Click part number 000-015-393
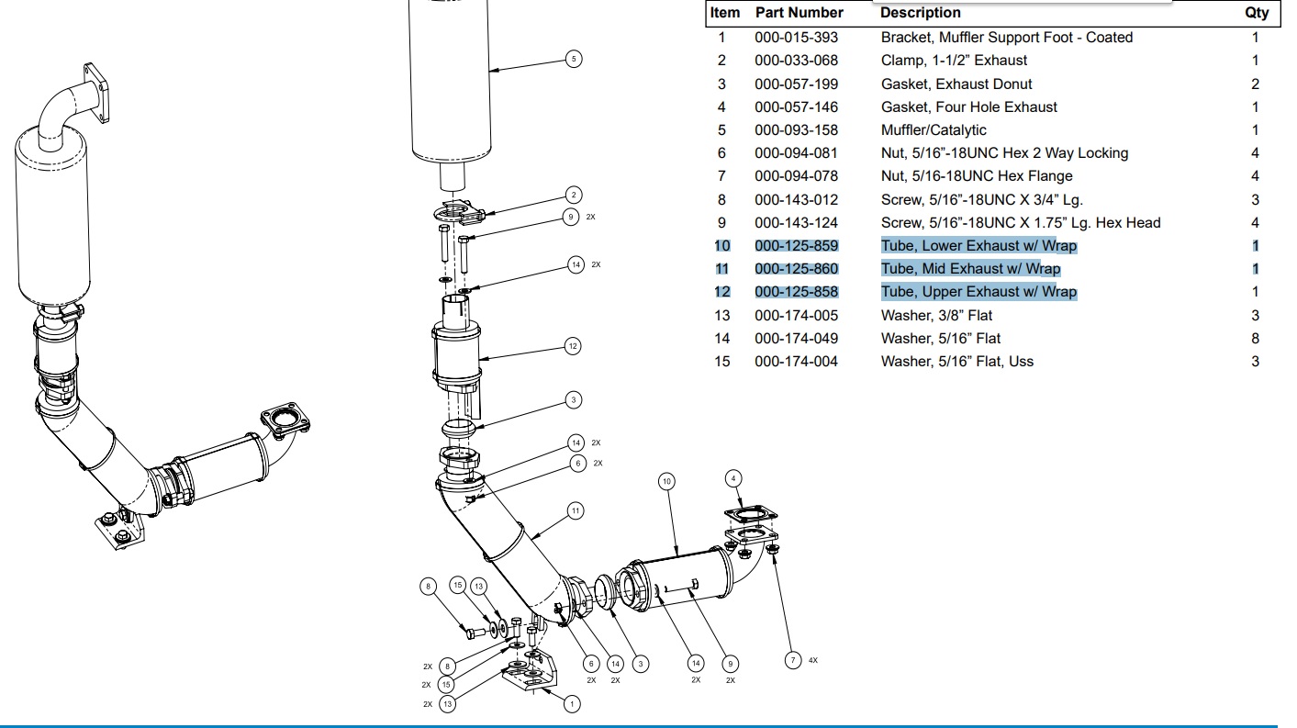tap(796, 38)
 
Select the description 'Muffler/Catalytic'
tap(934, 130)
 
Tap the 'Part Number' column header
tap(799, 13)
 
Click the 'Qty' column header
tap(1257, 13)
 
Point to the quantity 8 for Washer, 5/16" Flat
tap(1255, 338)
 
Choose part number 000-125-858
tap(796, 292)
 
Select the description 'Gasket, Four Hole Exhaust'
tap(968, 107)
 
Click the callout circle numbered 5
tap(574, 59)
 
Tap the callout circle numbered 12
tap(573, 346)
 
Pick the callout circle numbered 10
tap(667, 481)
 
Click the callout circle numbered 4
tap(733, 477)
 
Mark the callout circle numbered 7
tap(792, 660)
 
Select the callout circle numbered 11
tap(575, 510)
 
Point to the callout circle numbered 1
tap(572, 704)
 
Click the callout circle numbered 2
tap(574, 195)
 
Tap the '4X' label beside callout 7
tap(813, 660)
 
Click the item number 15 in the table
tap(721, 362)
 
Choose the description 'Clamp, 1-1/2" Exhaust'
tap(954, 61)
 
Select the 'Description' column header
tap(920, 13)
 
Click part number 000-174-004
tap(796, 362)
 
